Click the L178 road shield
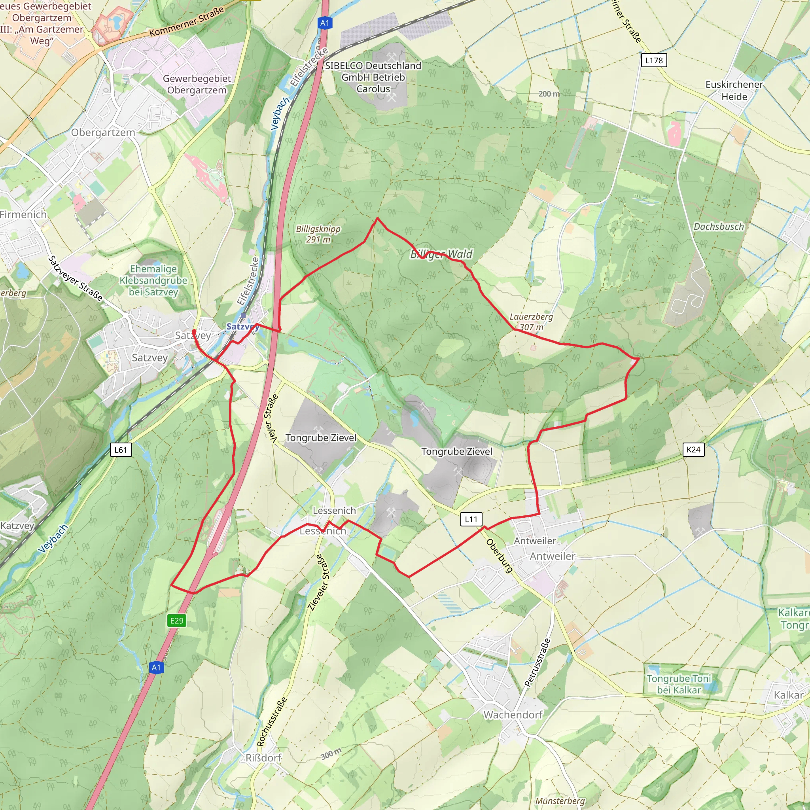(x=654, y=61)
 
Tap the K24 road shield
(x=693, y=449)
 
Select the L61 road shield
(x=121, y=450)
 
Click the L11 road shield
(x=471, y=519)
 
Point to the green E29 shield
(x=176, y=621)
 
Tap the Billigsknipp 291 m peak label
(x=318, y=234)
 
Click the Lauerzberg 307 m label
(x=531, y=322)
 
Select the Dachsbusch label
(x=719, y=226)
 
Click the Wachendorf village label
(x=513, y=714)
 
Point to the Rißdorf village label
(x=263, y=757)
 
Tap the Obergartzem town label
(x=103, y=132)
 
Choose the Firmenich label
(x=23, y=214)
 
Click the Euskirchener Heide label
(x=734, y=90)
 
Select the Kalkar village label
(x=788, y=695)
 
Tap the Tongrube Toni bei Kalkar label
(x=679, y=684)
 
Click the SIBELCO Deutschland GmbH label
(x=373, y=77)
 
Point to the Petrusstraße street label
(x=537, y=662)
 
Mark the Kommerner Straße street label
(x=187, y=21)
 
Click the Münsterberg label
(x=560, y=801)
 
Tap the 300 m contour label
(x=331, y=754)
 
